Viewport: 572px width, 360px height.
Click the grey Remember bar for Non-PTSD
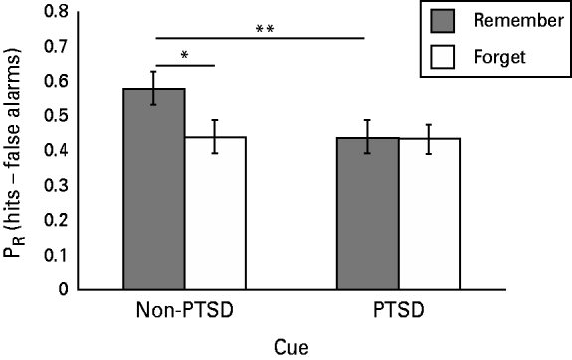coord(153,189)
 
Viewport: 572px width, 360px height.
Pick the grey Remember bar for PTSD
coord(367,213)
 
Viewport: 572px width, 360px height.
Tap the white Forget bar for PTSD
coord(429,214)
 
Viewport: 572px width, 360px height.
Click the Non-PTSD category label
coord(183,310)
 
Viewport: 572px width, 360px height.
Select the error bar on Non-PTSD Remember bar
coord(153,88)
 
